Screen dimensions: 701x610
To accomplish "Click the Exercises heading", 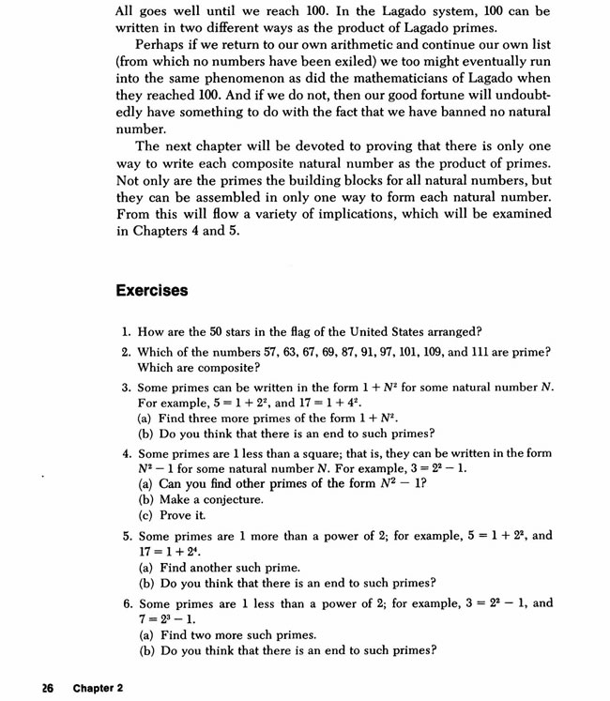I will click(x=152, y=290).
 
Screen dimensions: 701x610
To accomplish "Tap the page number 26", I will click(x=47, y=688).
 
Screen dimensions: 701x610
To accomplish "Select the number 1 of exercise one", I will click(x=126, y=331).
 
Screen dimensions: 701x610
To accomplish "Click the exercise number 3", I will click(x=126, y=388).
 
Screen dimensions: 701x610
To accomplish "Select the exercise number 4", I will click(x=126, y=453).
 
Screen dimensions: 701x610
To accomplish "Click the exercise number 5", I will click(x=126, y=536).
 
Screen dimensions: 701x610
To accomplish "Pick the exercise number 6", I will click(x=126, y=603).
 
